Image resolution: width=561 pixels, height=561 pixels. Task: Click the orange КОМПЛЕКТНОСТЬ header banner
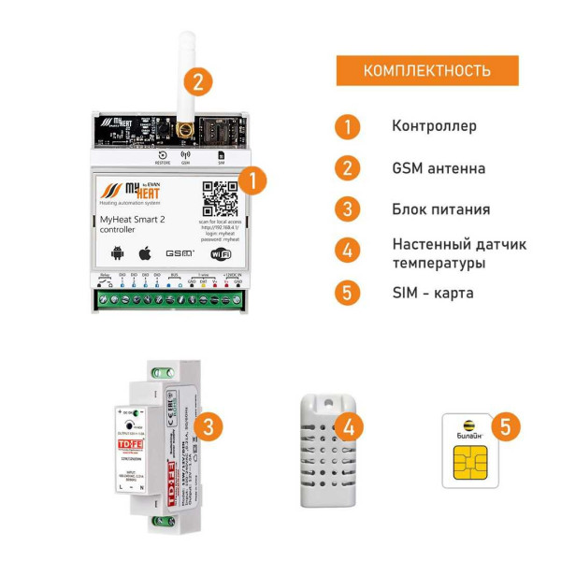(x=426, y=71)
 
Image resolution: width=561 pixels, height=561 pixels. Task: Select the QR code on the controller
(x=221, y=197)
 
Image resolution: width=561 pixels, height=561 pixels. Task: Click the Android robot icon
(x=117, y=252)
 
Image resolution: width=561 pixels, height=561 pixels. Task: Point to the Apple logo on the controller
(x=145, y=252)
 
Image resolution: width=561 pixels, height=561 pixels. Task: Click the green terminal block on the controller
(x=171, y=300)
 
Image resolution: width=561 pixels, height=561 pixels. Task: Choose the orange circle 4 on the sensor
(x=348, y=427)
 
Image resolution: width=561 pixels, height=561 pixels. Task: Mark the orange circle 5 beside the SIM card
(x=505, y=427)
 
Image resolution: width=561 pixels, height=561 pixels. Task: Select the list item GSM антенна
(x=439, y=169)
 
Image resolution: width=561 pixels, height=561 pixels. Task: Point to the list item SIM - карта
(x=433, y=293)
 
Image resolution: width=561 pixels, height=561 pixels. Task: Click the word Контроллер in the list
(x=435, y=126)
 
